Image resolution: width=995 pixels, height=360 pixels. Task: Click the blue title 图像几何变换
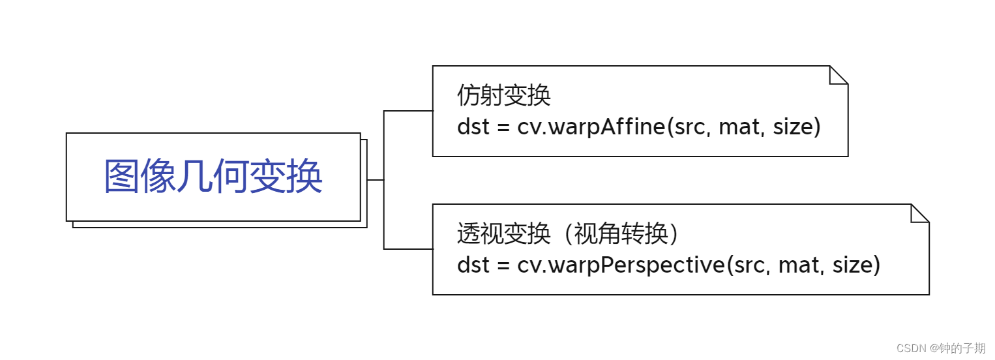click(213, 177)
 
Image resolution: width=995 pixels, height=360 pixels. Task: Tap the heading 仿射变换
click(504, 96)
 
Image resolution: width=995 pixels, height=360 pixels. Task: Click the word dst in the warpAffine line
click(473, 127)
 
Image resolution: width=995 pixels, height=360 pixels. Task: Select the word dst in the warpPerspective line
click(473, 265)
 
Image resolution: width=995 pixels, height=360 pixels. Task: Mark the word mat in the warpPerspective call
click(794, 265)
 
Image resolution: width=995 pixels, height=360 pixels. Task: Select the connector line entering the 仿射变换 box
click(408, 111)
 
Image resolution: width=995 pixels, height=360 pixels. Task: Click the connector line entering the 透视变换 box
click(408, 249)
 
